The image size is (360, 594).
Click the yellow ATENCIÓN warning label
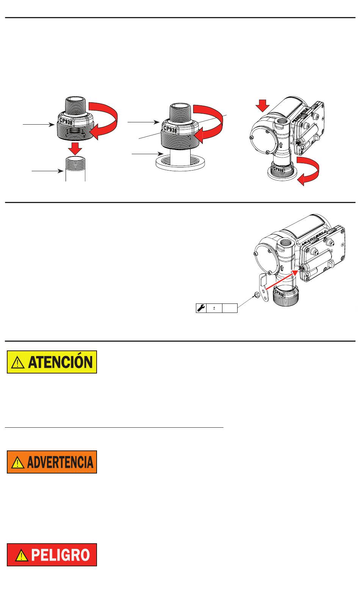(x=52, y=362)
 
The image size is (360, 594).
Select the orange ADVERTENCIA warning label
(x=52, y=462)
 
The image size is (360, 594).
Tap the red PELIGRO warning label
(x=52, y=555)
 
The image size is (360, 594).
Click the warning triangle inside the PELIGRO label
(x=22, y=555)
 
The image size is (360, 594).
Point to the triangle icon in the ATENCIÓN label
(x=18, y=363)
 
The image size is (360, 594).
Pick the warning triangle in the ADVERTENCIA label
(x=18, y=463)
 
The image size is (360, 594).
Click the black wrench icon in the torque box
(x=201, y=308)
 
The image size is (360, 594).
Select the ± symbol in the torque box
(x=214, y=308)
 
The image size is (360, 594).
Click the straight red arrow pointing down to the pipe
(x=75, y=148)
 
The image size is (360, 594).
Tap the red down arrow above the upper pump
(x=263, y=106)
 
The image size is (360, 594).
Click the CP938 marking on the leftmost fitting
(x=66, y=121)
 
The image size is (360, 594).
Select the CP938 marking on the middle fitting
(x=170, y=129)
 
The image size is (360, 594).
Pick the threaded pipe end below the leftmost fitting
(x=75, y=169)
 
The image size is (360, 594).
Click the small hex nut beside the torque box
(x=257, y=295)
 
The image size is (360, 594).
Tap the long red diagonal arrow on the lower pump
(x=282, y=280)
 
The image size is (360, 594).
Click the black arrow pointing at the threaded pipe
(x=47, y=171)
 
